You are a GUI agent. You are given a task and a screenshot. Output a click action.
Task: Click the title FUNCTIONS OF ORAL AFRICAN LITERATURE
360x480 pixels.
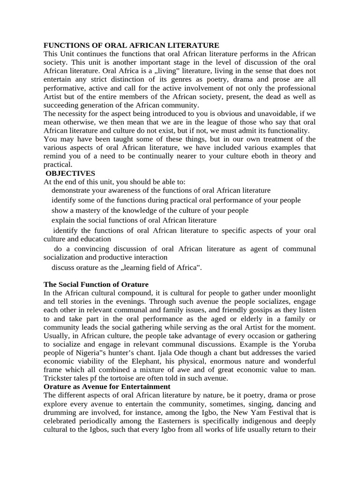131,45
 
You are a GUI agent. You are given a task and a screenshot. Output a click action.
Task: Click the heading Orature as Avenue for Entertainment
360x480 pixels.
107,386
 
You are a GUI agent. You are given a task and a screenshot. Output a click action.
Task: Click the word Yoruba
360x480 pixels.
303,344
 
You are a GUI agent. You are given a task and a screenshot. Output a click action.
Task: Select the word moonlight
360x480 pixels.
296,293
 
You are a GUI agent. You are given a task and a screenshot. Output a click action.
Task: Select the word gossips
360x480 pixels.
248,310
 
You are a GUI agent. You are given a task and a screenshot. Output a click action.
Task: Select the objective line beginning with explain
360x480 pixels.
134,220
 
